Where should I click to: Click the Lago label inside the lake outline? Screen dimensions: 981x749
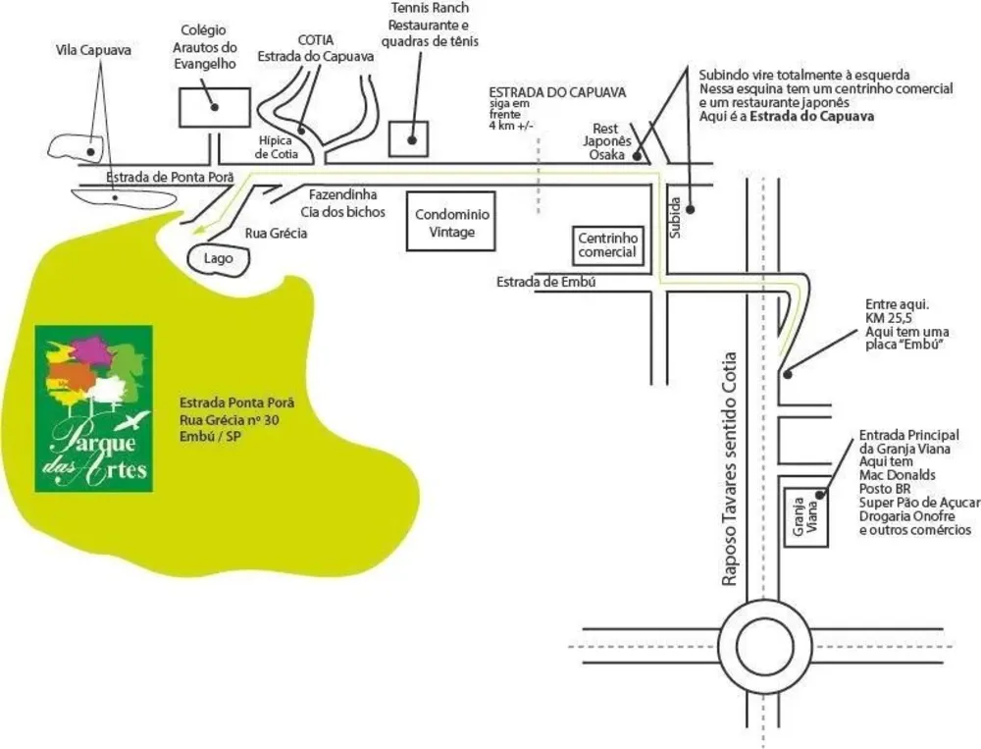pyautogui.click(x=219, y=258)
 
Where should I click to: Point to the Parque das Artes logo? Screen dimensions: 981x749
pyautogui.click(x=94, y=408)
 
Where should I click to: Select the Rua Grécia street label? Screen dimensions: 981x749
pyautogui.click(x=276, y=234)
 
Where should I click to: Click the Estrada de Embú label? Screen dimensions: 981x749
pyautogui.click(x=545, y=283)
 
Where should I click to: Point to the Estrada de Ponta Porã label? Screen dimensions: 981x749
pyautogui.click(x=170, y=178)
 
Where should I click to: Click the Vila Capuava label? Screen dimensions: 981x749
pyautogui.click(x=93, y=50)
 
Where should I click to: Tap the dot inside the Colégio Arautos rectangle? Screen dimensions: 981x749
pyautogui.click(x=215, y=107)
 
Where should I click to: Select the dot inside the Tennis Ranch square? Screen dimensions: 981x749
pyautogui.click(x=412, y=140)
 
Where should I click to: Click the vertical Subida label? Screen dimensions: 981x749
pyautogui.click(x=675, y=217)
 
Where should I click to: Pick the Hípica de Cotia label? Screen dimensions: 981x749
pyautogui.click(x=277, y=147)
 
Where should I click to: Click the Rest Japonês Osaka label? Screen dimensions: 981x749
pyautogui.click(x=607, y=141)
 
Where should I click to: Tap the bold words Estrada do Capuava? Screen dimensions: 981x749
pyautogui.click(x=811, y=117)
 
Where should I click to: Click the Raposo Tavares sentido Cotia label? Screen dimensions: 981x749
pyautogui.click(x=730, y=469)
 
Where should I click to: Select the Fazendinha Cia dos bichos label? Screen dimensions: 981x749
pyautogui.click(x=342, y=203)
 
